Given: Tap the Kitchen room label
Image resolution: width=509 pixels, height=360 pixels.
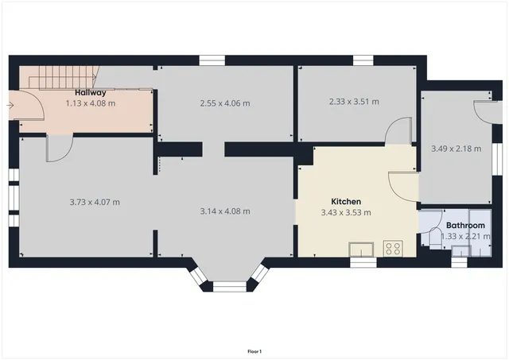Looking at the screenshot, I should click(346, 202).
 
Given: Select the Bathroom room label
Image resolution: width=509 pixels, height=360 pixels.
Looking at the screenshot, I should click(465, 226).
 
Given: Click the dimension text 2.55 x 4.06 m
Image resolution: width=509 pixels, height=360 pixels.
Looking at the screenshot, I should click(224, 103).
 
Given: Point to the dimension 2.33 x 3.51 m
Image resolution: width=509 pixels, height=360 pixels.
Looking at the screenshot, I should click(353, 102).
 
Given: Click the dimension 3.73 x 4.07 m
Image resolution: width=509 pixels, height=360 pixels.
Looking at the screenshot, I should click(95, 202).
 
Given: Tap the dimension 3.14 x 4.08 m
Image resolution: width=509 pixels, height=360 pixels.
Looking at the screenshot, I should click(225, 211).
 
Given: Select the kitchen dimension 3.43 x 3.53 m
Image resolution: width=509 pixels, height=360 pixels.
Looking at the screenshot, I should click(346, 212).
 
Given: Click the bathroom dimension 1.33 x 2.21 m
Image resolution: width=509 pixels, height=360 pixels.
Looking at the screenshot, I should click(462, 236).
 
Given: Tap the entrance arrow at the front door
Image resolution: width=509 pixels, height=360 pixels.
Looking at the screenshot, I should click(10, 103).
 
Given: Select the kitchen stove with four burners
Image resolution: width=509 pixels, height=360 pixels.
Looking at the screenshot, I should click(392, 248).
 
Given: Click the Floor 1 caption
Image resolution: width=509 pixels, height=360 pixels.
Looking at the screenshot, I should click(254, 351).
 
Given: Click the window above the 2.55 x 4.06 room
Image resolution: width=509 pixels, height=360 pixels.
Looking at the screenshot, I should click(211, 60).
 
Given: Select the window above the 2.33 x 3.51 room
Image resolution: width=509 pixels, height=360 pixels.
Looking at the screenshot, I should click(363, 60).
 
